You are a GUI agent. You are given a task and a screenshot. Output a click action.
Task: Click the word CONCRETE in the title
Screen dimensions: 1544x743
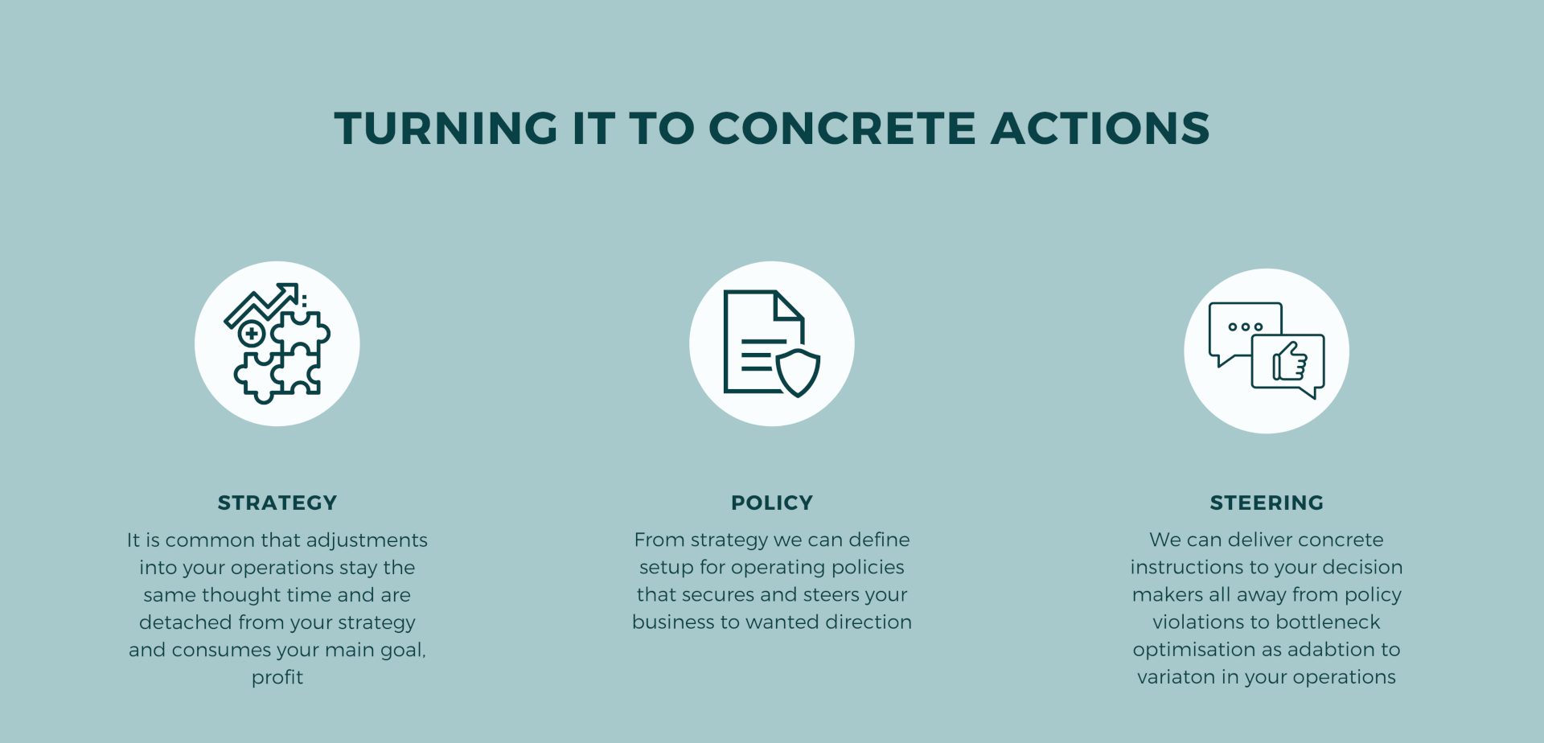pyautogui.click(x=843, y=129)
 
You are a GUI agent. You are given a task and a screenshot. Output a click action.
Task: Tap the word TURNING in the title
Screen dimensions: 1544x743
pyautogui.click(x=446, y=129)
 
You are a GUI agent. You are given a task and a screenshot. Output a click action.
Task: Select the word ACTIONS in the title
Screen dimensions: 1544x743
pyautogui.click(x=1100, y=129)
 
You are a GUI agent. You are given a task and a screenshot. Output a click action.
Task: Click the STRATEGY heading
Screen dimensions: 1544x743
pyautogui.click(x=277, y=503)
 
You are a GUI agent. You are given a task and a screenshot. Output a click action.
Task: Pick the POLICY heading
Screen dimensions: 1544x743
pyautogui.click(x=772, y=503)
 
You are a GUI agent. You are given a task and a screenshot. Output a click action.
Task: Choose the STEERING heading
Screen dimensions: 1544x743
pyautogui.click(x=1267, y=503)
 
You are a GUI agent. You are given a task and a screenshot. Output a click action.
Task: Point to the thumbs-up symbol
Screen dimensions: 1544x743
pyautogui.click(x=1290, y=362)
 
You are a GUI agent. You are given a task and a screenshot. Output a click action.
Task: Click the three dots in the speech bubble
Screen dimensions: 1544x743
pyautogui.click(x=1246, y=327)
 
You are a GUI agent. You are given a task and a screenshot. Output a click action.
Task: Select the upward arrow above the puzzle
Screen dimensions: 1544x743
pyautogui.click(x=261, y=304)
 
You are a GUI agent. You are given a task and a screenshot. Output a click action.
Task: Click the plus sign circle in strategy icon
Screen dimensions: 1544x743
pyautogui.click(x=252, y=333)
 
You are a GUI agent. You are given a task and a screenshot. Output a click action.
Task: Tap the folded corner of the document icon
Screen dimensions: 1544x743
pyautogui.click(x=789, y=306)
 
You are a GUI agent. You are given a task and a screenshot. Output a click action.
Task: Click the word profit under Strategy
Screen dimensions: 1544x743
pyautogui.click(x=277, y=677)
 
